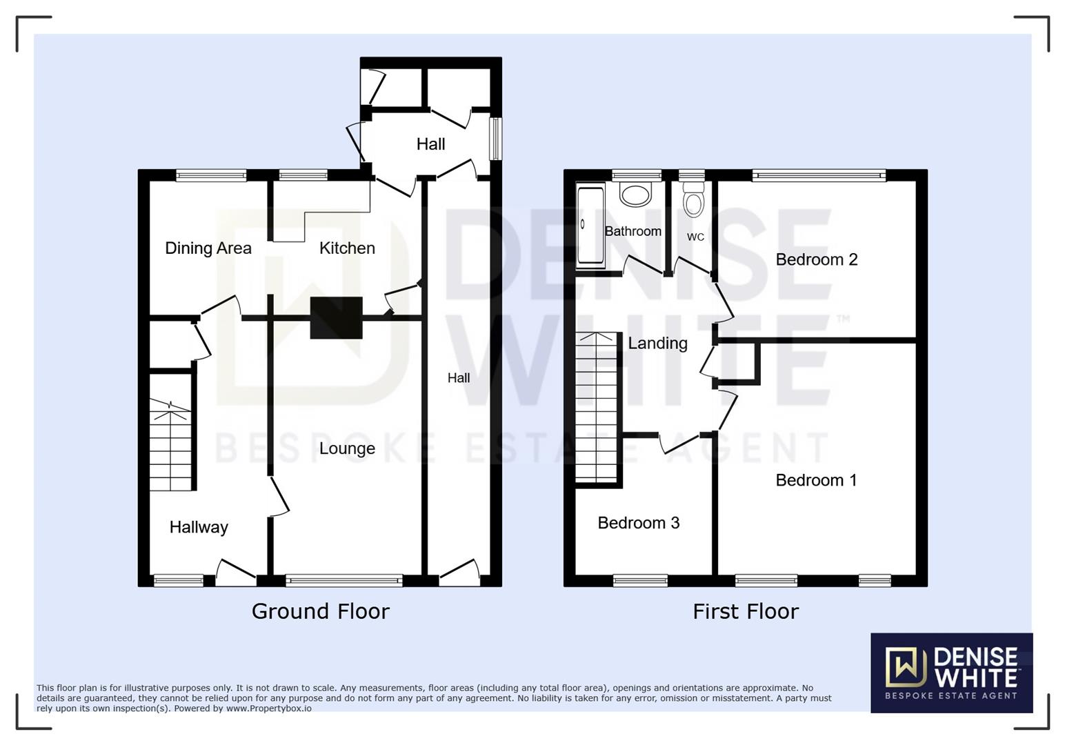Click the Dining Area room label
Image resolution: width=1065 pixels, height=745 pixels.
[208, 248]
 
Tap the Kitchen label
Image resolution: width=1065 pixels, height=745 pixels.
[347, 248]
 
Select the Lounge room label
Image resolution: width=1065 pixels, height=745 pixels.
[347, 448]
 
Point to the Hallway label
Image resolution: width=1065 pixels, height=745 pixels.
[199, 527]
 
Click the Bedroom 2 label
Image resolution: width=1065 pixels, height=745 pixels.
[816, 259]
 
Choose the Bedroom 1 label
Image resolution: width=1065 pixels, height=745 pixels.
[816, 480]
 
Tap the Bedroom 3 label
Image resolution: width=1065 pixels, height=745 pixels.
[638, 523]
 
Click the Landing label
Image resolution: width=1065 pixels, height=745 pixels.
[657, 343]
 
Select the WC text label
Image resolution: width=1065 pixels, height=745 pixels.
[695, 237]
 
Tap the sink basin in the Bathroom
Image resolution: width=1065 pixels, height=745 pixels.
[635, 194]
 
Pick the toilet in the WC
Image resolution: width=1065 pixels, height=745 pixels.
[693, 201]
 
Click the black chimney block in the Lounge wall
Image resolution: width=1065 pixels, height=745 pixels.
[336, 318]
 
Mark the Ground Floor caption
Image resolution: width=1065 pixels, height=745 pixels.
[320, 611]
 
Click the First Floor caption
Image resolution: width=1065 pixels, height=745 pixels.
[745, 611]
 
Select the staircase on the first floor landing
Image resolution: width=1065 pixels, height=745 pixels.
[597, 407]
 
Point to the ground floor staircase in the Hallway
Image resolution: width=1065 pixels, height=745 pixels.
[170, 446]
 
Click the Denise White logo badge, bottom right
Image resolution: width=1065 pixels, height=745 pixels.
[951, 673]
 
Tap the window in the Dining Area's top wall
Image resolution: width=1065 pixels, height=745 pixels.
[210, 176]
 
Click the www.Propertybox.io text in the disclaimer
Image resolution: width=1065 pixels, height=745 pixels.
[268, 708]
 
